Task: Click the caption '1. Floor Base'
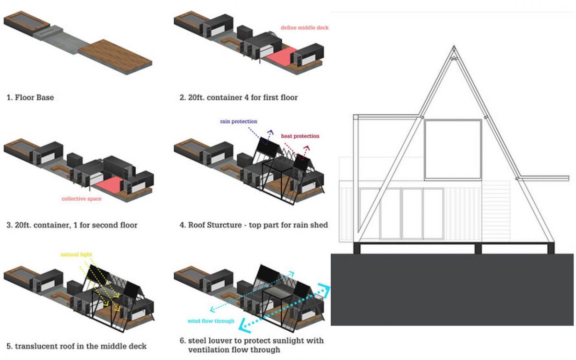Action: [30, 97]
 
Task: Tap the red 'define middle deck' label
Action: [304, 27]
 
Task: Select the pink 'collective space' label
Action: [82, 199]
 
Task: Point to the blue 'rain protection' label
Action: [239, 121]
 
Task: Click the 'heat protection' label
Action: [300, 136]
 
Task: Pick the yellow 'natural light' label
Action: [76, 254]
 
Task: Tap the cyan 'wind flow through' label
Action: [211, 321]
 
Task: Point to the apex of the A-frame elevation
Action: [454, 46]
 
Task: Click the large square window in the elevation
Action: [453, 149]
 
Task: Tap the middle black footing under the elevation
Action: [478, 249]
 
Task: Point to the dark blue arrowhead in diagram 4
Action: [270, 132]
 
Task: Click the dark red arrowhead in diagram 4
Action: [307, 148]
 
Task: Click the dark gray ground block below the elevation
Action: [452, 290]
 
